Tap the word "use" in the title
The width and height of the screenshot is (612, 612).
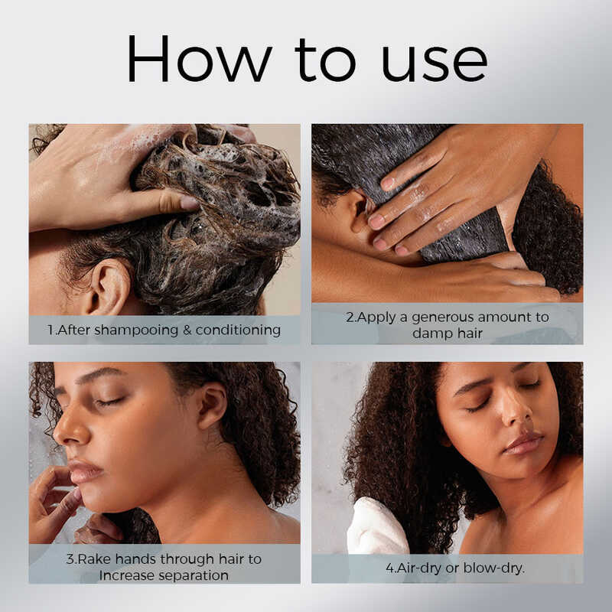[x=435, y=63]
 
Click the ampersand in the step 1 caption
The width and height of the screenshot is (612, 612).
[x=187, y=330]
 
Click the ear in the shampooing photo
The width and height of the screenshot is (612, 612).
[x=109, y=286]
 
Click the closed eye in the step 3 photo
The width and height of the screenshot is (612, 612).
[x=112, y=401]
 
